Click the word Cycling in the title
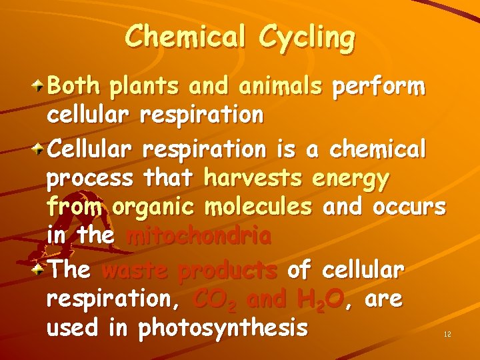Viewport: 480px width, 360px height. coord(307,37)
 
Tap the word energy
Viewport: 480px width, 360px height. coord(351,179)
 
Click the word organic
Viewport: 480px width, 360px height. coord(155,209)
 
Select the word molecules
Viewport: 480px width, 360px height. coord(259,207)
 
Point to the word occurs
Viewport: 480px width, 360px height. coord(409,207)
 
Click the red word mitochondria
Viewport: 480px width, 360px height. coord(199,237)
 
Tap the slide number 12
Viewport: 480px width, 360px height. coord(447,334)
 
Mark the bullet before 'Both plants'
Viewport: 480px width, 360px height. coord(41,86)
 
